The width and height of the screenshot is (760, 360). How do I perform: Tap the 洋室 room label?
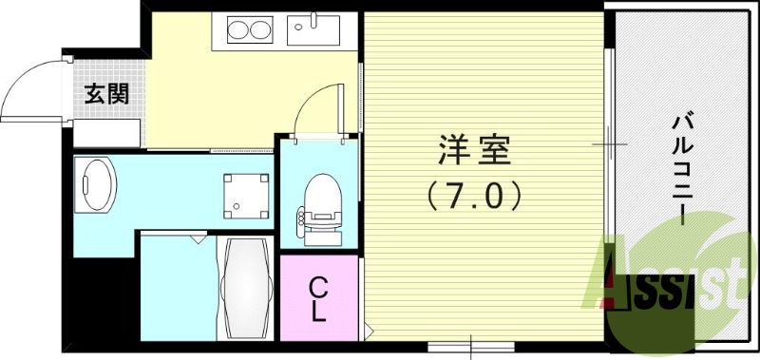coord(474,151)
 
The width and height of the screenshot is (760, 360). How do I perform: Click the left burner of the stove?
coord(237,30)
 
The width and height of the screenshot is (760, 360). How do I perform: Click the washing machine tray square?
coord(243,195)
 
